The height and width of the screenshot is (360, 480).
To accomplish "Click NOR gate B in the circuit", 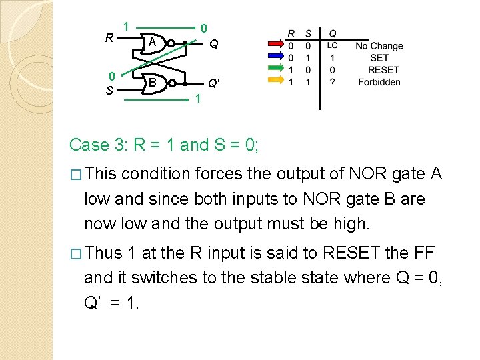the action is click(x=154, y=83).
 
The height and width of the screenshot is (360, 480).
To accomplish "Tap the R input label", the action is click(x=109, y=37).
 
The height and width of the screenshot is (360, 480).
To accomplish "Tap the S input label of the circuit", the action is click(x=109, y=89).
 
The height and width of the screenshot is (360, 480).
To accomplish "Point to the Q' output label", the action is click(x=213, y=83).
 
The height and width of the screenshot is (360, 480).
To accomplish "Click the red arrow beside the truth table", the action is click(x=274, y=46).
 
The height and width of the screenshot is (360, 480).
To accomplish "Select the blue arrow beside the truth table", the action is click(x=274, y=58).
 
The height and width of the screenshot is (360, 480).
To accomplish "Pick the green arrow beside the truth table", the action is click(x=274, y=69).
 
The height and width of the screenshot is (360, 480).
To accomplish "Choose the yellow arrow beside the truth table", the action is click(x=274, y=81).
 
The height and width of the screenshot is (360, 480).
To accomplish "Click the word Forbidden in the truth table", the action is click(x=379, y=82).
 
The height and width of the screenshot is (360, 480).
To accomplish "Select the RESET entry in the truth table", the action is click(x=383, y=70).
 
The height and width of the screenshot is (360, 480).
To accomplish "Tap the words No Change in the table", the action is click(x=379, y=46).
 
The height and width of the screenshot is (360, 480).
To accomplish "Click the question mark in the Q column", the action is click(x=332, y=82).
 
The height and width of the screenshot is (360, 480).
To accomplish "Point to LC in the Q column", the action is click(x=332, y=46).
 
